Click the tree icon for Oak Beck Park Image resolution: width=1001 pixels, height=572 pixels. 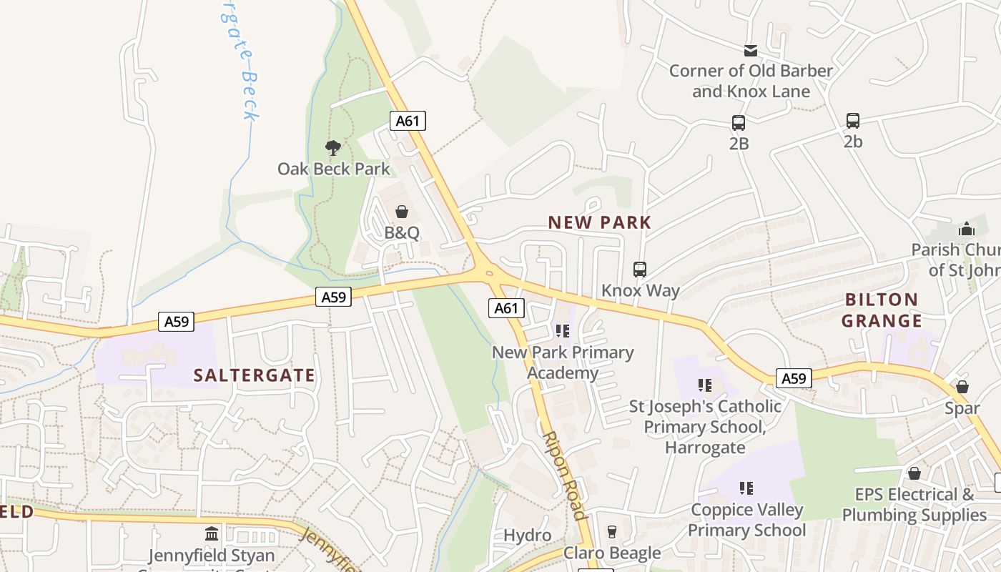tap(332, 148)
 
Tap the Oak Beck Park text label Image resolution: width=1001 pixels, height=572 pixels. tap(334, 169)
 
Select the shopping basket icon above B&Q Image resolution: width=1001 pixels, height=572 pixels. tap(402, 212)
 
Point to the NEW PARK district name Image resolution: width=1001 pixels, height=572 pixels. tap(600, 222)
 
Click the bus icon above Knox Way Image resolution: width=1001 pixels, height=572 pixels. tap(640, 270)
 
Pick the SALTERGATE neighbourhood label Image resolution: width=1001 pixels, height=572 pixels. tap(255, 375)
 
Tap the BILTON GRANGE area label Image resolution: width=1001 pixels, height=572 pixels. tap(881, 310)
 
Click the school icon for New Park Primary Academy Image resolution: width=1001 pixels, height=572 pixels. tap(563, 331)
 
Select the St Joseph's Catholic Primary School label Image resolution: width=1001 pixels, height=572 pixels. tap(705, 427)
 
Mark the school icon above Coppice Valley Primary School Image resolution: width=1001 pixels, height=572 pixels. tap(746, 488)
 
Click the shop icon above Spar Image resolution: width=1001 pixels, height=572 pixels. tap(962, 387)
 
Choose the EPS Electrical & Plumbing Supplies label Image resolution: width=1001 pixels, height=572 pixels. tap(914, 505)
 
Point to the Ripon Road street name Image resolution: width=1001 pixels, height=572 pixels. tap(564, 475)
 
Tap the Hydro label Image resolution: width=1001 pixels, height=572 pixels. tap(528, 535)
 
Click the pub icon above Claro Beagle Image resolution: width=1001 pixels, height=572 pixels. tap(611, 532)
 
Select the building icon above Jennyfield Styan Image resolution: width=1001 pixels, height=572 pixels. tap(212, 534)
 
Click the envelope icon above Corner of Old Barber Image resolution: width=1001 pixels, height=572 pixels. tap(751, 50)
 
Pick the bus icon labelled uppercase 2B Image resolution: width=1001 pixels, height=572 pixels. tap(739, 123)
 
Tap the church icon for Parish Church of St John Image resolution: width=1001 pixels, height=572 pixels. tap(966, 229)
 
